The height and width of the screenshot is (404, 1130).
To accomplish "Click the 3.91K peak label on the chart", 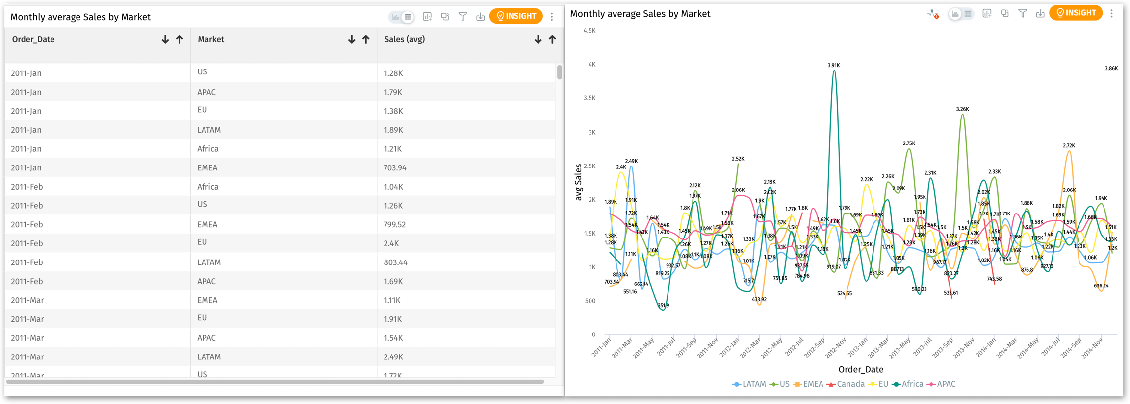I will tap(833, 65).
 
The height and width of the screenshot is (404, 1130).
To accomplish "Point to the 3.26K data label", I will tap(962, 109).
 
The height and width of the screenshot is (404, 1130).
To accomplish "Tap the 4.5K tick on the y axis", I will tap(589, 31).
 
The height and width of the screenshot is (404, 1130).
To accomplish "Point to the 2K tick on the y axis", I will tap(591, 200).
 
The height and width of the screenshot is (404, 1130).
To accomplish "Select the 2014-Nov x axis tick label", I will tap(1092, 347).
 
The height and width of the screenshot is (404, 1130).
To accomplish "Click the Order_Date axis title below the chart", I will tap(860, 370).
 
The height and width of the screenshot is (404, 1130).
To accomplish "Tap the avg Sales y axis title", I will tap(578, 182).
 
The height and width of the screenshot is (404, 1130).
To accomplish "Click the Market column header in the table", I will tap(211, 39).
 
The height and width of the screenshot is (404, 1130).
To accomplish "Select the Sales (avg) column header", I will tap(404, 39).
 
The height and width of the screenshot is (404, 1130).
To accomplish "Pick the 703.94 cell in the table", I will tap(395, 168).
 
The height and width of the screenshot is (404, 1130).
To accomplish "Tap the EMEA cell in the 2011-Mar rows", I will tap(207, 300).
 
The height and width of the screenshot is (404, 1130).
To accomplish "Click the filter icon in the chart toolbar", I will tap(1022, 14).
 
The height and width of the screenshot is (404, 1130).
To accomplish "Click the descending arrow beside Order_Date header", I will tap(165, 40).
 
